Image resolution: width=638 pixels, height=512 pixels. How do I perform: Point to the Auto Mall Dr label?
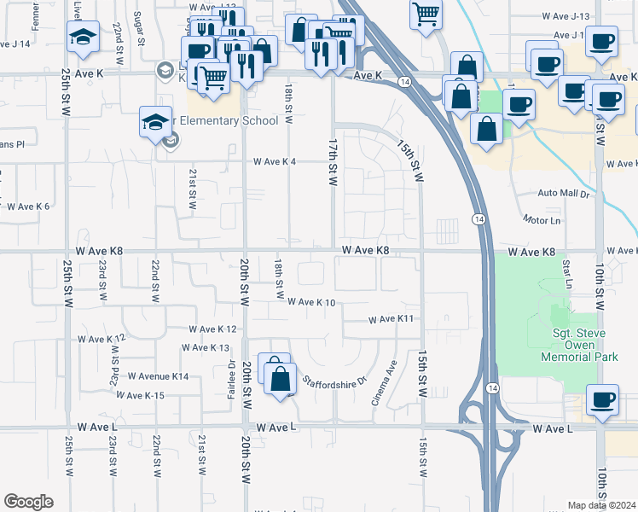click(564, 195)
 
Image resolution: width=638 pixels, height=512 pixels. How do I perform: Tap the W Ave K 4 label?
click(274, 162)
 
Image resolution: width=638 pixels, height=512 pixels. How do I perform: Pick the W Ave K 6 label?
click(28, 207)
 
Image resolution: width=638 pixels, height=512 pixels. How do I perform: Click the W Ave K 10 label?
click(310, 302)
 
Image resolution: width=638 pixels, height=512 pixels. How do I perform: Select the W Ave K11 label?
click(391, 319)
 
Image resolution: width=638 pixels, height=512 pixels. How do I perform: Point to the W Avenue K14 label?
click(158, 376)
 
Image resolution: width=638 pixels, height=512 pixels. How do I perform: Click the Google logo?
click(28, 502)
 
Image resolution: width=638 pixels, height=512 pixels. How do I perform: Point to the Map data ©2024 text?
click(602, 505)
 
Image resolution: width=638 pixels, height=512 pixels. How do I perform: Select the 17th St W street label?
click(333, 160)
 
